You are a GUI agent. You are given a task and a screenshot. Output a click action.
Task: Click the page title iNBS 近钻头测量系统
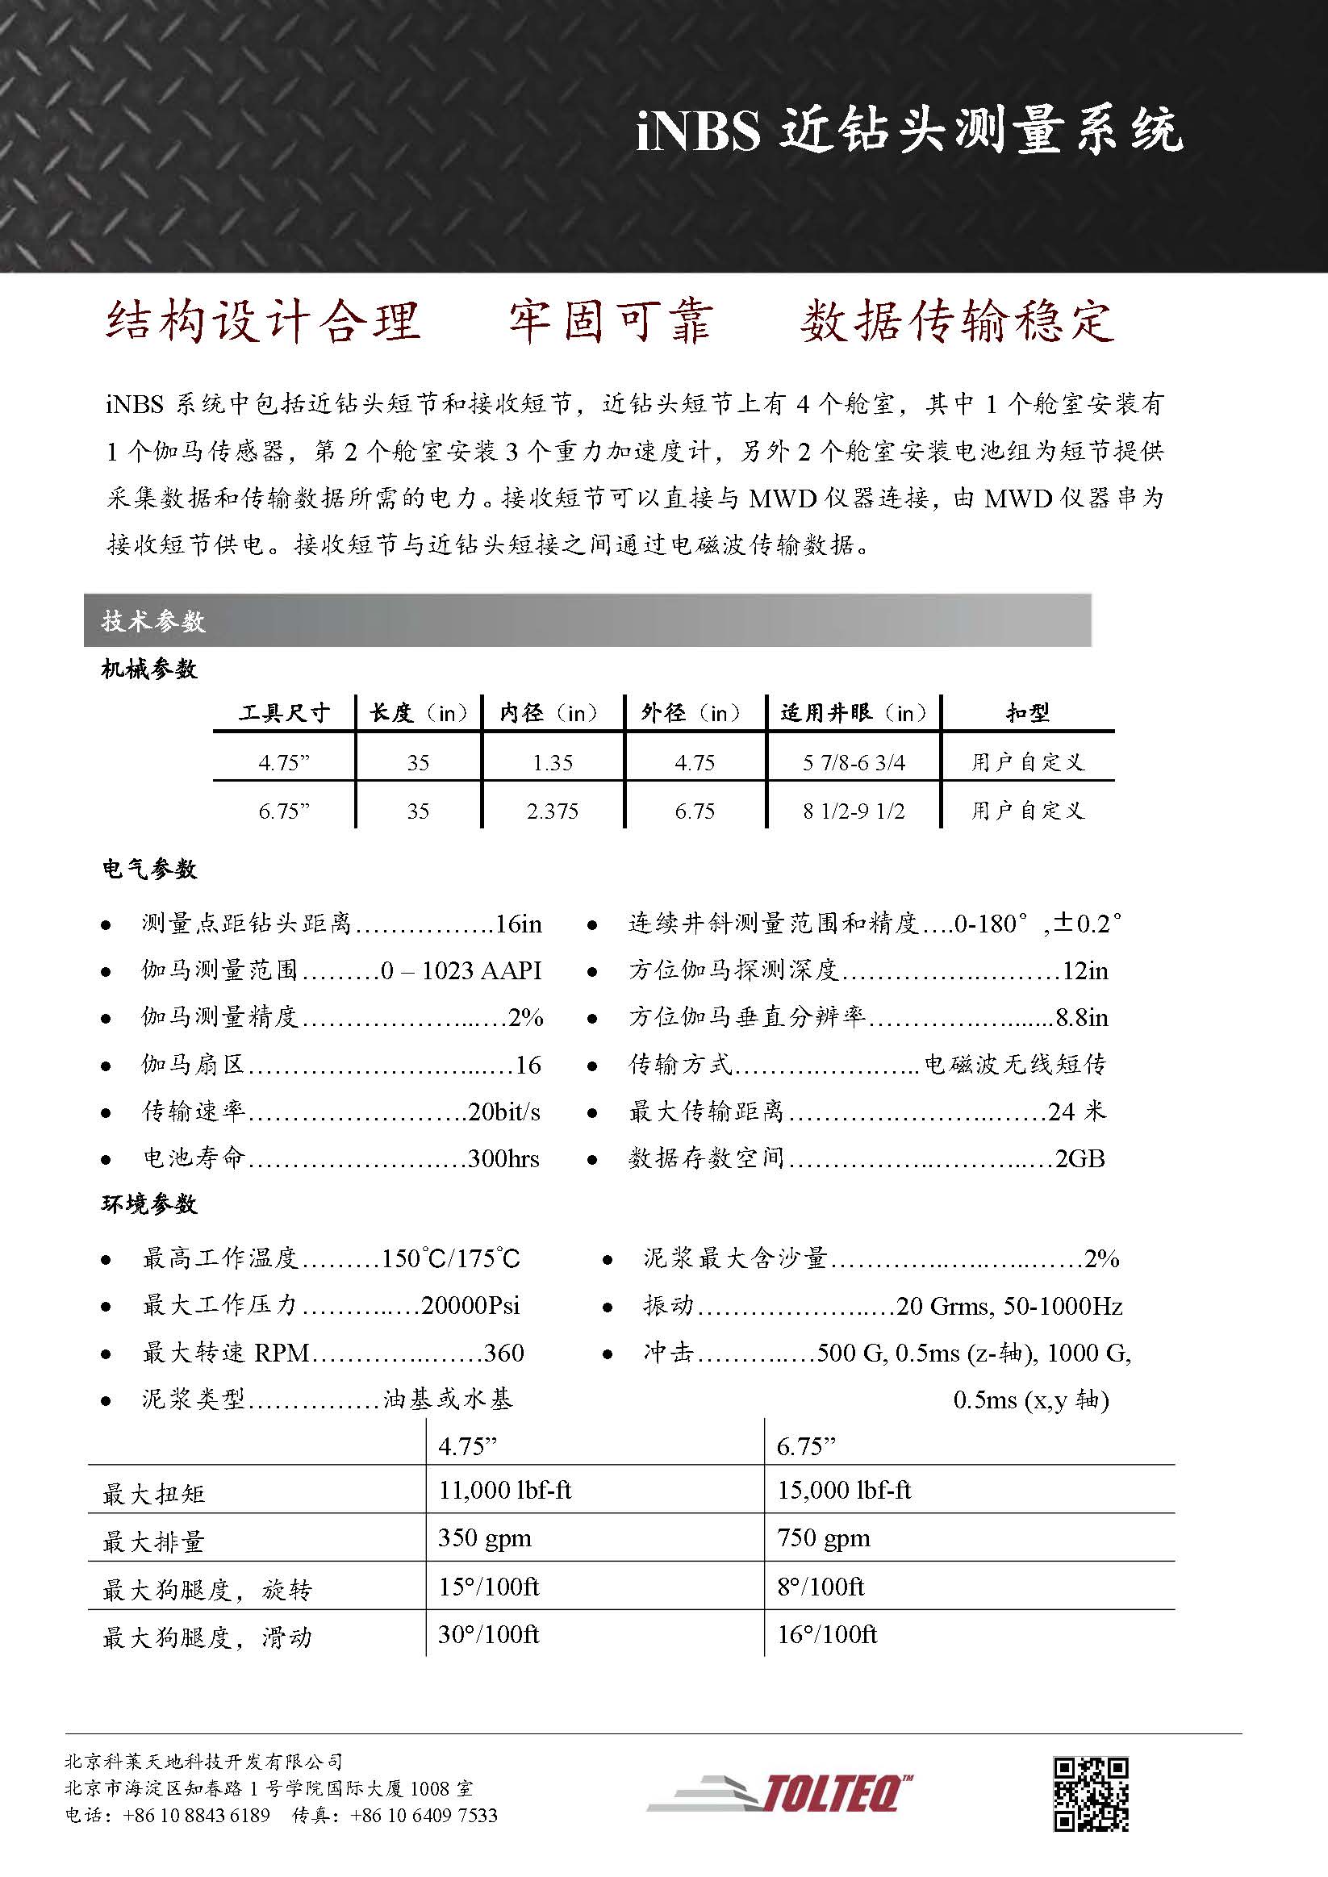click(908, 130)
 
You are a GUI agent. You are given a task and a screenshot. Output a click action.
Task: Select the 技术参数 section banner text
click(153, 621)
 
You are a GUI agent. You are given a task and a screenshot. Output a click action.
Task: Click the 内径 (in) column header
click(550, 713)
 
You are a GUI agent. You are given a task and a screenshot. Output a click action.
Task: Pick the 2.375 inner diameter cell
click(552, 811)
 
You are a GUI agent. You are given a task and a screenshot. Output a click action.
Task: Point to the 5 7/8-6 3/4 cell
click(854, 763)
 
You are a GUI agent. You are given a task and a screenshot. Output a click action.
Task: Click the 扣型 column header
click(1028, 713)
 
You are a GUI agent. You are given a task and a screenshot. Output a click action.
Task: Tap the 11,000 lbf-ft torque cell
click(504, 1491)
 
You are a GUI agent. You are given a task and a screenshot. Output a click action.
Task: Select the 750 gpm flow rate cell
click(824, 1537)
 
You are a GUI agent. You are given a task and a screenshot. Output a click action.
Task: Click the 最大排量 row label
click(153, 1541)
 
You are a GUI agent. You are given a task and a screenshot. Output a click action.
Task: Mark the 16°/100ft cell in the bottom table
click(827, 1634)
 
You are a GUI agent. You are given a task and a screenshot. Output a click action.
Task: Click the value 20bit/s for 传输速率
click(503, 1112)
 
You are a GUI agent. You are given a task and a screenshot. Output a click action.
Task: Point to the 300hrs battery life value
click(503, 1158)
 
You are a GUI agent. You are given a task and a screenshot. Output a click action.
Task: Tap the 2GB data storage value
click(1080, 1158)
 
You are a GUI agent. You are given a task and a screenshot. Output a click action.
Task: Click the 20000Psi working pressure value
click(470, 1305)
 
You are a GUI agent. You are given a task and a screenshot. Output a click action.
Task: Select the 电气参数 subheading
click(149, 869)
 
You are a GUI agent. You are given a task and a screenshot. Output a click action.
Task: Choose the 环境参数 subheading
click(149, 1204)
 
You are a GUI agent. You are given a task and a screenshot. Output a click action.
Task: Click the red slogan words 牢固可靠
click(610, 320)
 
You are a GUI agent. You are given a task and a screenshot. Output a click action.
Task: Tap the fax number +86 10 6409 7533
click(424, 1838)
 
